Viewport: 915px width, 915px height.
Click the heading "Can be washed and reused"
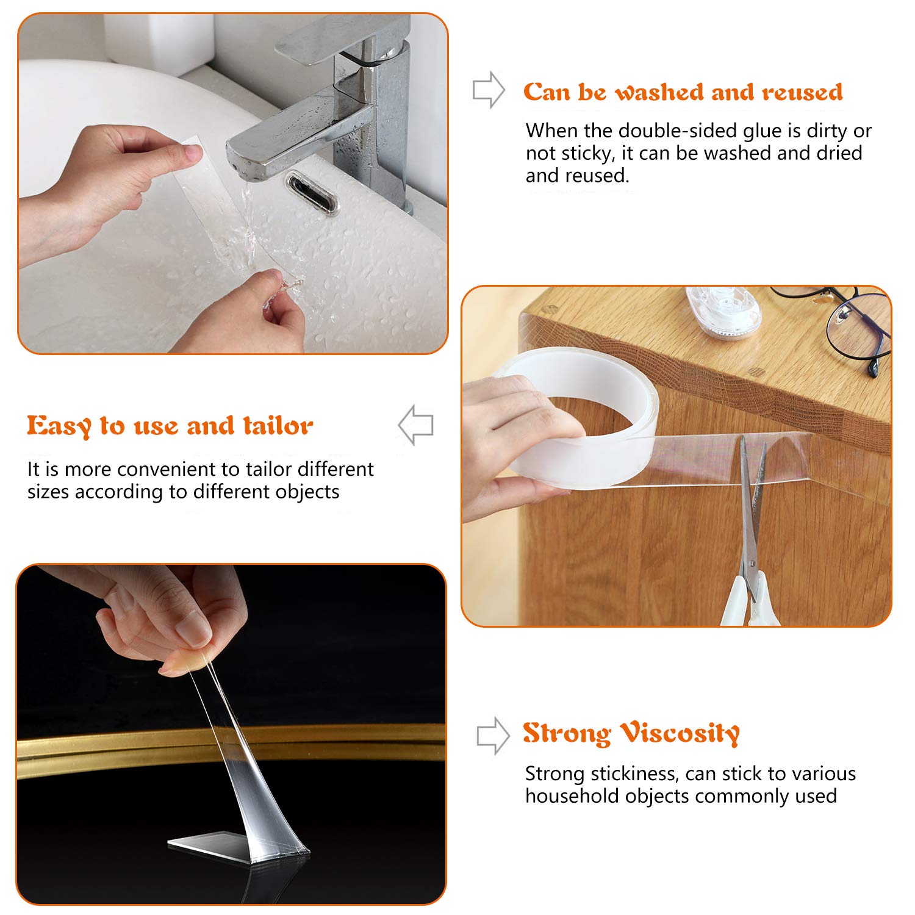click(x=683, y=92)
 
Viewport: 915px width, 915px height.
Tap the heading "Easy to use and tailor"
click(x=170, y=426)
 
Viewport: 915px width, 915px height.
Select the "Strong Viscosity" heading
click(x=631, y=733)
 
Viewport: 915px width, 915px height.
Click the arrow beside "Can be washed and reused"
click(x=489, y=90)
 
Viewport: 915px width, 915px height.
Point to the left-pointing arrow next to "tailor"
click(x=415, y=425)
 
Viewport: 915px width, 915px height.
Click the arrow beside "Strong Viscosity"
click(x=492, y=736)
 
